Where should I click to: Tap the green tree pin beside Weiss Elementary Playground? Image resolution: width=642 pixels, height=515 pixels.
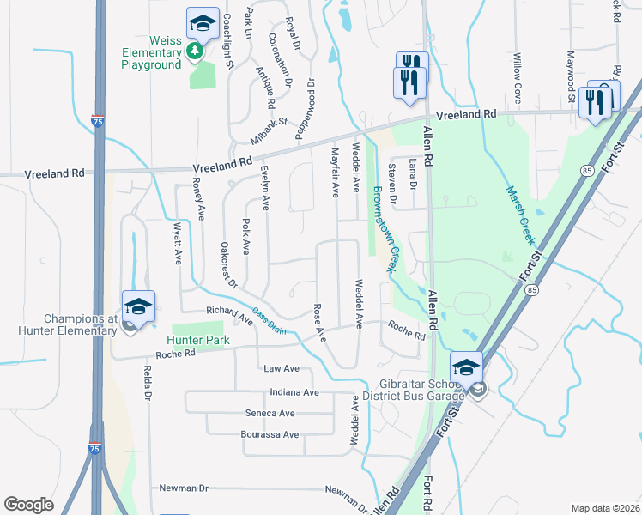point(196,51)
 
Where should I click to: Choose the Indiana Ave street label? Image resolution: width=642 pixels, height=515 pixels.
point(294,392)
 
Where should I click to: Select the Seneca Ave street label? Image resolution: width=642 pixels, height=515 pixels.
point(294,413)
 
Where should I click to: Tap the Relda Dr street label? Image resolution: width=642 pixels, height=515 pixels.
point(148,382)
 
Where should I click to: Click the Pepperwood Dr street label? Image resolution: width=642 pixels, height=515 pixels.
point(305,108)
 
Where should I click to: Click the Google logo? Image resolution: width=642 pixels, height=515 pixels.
point(29,505)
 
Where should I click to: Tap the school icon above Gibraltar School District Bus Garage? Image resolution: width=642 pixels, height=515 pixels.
point(466,367)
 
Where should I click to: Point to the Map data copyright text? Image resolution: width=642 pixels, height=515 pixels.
point(605,508)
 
